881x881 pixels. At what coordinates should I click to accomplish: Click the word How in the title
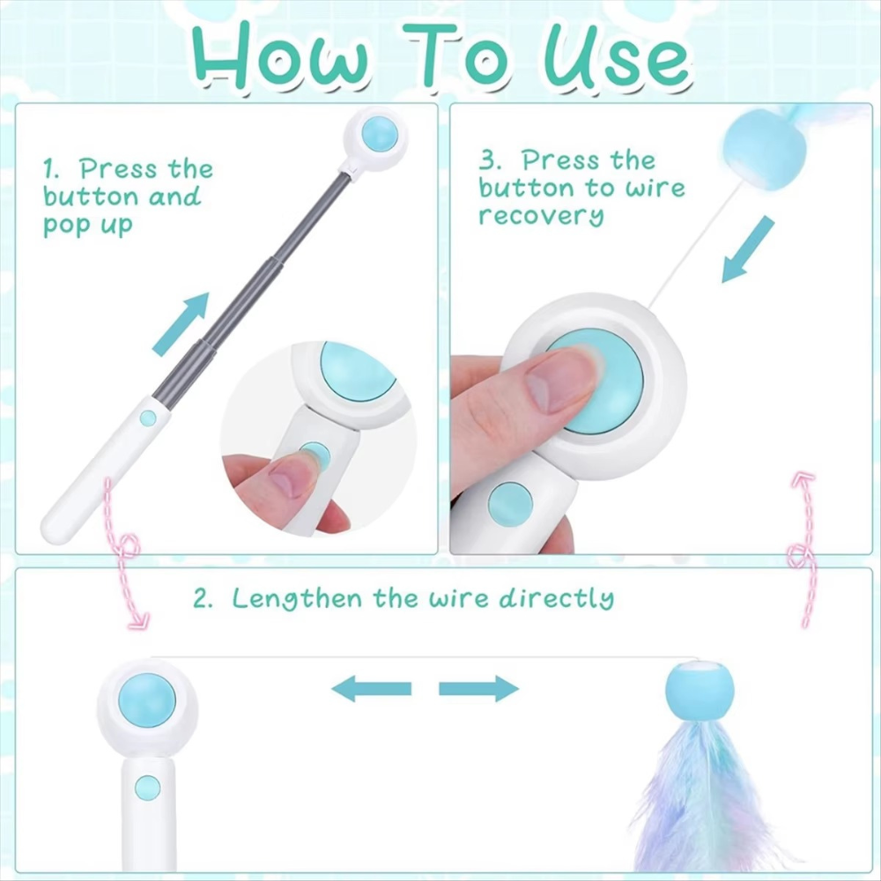(x=281, y=56)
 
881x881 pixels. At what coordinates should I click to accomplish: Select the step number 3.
(x=489, y=161)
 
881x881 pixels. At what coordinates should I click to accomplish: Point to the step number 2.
(x=204, y=598)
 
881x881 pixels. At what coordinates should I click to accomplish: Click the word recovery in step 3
(x=541, y=216)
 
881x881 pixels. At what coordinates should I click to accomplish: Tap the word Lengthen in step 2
(x=297, y=599)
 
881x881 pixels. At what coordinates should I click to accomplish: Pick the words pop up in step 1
(x=88, y=226)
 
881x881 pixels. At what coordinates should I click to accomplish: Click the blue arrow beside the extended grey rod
(x=181, y=324)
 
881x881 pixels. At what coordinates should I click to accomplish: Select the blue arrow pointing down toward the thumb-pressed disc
(x=748, y=250)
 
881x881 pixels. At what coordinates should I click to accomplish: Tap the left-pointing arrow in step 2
(x=372, y=688)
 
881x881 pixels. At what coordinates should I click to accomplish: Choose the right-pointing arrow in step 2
(x=478, y=688)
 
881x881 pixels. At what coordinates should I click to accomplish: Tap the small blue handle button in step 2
(x=148, y=788)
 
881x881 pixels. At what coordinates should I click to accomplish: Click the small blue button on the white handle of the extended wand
(x=148, y=418)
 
